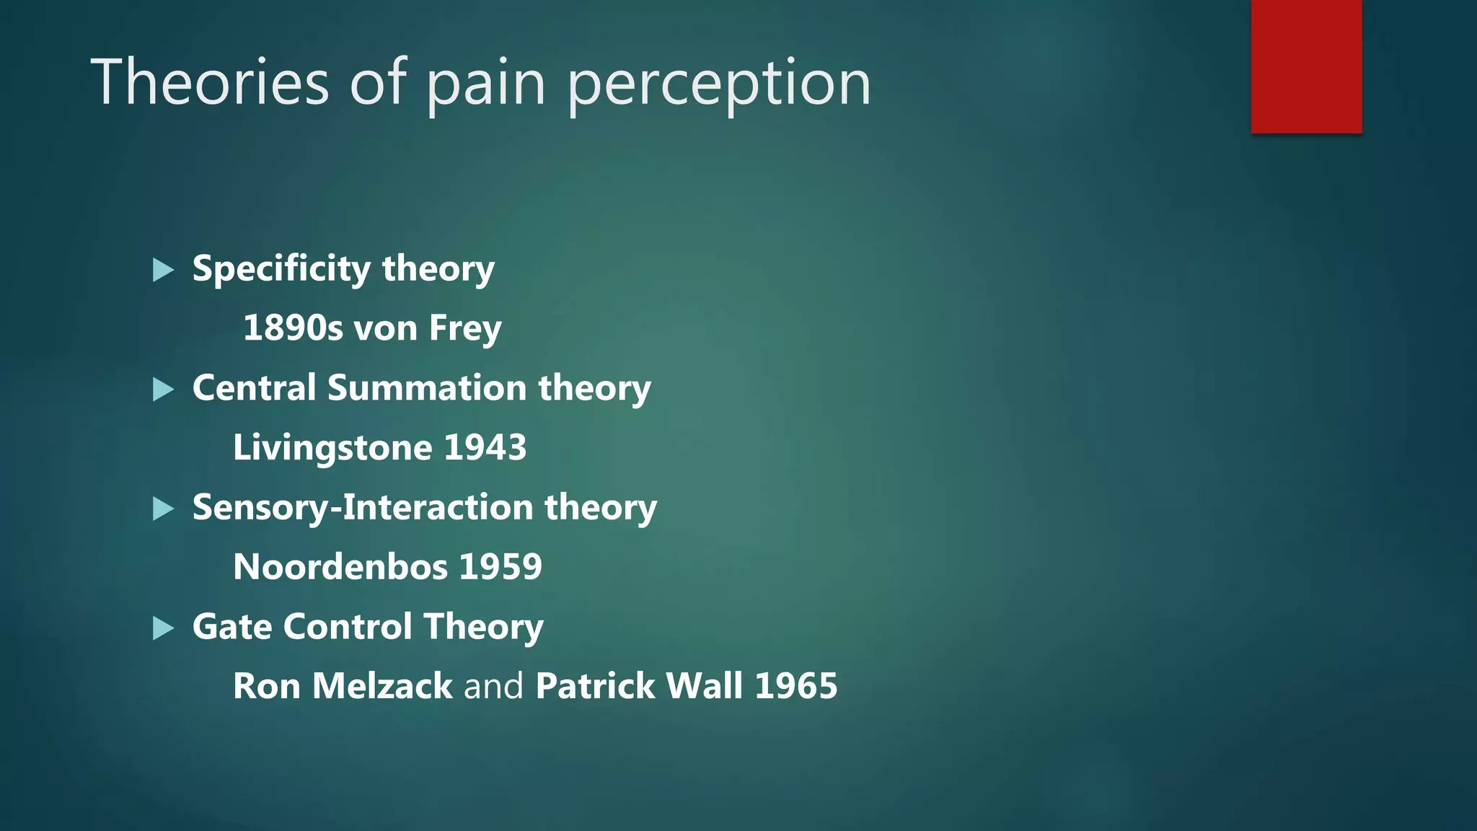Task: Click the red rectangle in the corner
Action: click(1306, 66)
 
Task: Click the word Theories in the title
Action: click(210, 82)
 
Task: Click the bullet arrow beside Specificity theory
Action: click(164, 271)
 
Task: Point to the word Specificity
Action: click(281, 269)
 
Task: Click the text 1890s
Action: click(293, 328)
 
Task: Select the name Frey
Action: click(465, 329)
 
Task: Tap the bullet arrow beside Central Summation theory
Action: click(164, 390)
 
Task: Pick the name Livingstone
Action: click(332, 448)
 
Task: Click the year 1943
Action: click(485, 447)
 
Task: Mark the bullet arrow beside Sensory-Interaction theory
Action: click(164, 509)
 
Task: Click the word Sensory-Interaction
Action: click(363, 507)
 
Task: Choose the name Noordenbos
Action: click(340, 567)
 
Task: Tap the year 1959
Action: click(501, 567)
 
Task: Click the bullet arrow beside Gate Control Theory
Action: click(164, 628)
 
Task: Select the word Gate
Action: click(232, 626)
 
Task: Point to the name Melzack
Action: click(382, 686)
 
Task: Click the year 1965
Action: click(796, 686)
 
